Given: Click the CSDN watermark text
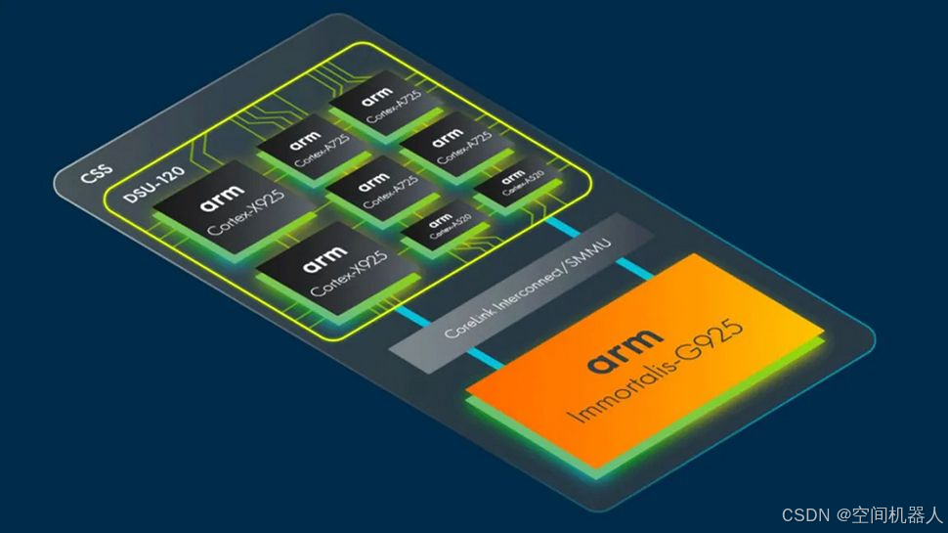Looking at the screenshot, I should (805, 513).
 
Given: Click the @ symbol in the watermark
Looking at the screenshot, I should (840, 513).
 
